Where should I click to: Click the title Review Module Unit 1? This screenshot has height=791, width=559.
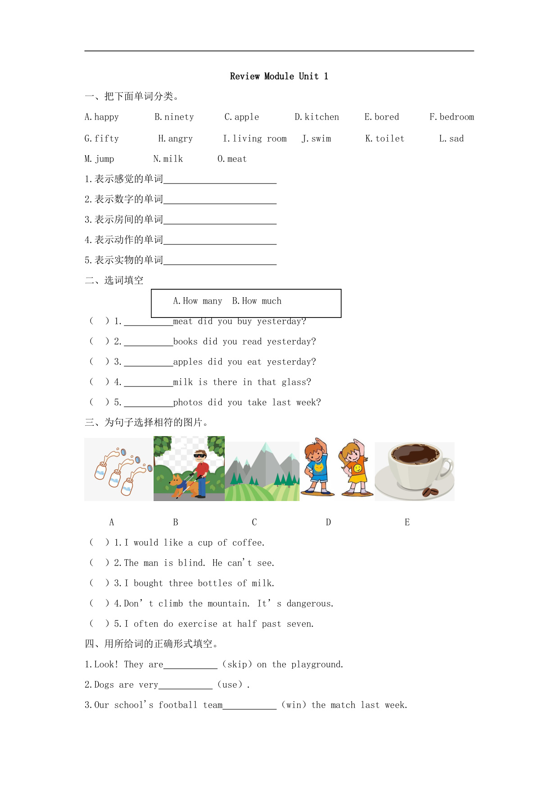[x=279, y=76]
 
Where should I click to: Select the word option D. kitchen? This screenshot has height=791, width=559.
[x=317, y=117]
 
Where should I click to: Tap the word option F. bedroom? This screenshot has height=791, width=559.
[x=451, y=117]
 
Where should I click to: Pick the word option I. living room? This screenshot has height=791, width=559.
[x=255, y=139]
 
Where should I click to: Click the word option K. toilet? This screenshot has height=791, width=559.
[x=385, y=139]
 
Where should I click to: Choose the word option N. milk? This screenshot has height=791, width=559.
[x=168, y=159]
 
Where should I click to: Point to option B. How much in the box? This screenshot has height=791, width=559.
[x=256, y=301]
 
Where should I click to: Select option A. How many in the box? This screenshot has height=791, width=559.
[x=197, y=301]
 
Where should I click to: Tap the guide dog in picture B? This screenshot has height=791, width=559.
[x=180, y=485]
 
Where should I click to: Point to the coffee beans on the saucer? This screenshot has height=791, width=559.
[x=430, y=492]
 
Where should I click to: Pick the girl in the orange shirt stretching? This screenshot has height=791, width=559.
[x=355, y=469]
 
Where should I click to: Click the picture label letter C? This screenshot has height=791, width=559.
[x=254, y=522]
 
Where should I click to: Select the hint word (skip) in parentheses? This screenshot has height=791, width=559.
[x=237, y=665]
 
